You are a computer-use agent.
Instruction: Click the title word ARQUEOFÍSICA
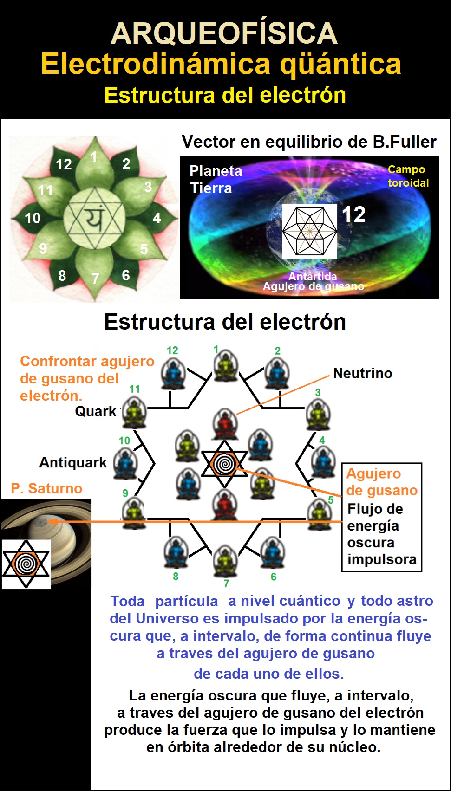tap(224, 33)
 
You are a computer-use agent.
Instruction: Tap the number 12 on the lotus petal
tap(64, 164)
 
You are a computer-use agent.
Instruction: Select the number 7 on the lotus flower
tap(95, 279)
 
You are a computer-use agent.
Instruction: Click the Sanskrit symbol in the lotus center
tap(95, 218)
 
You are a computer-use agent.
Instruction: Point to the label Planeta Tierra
tap(215, 180)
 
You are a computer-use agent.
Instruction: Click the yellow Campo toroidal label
tap(408, 176)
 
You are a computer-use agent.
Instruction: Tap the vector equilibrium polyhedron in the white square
tap(309, 231)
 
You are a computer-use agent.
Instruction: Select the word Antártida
tap(313, 276)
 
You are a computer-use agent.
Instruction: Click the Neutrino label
tap(363, 373)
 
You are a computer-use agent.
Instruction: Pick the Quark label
tap(96, 411)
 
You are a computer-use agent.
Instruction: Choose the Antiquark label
tap(73, 462)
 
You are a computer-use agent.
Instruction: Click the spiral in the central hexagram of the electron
tap(224, 463)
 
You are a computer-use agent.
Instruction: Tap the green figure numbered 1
tap(226, 366)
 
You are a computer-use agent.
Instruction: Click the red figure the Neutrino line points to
tap(225, 423)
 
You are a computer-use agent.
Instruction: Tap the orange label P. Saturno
tap(46, 488)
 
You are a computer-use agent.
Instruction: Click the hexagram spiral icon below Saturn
tap(26, 564)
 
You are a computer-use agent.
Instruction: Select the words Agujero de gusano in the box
tap(382, 482)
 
